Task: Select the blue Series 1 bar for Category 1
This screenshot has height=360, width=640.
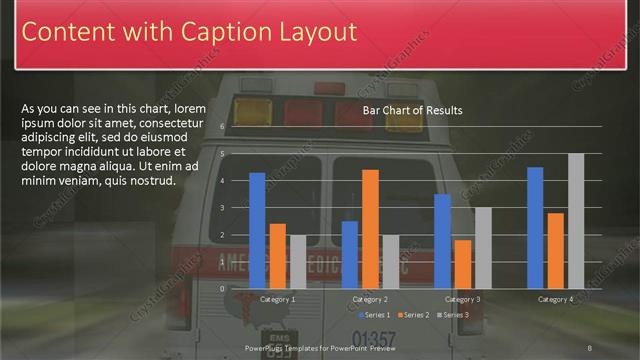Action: tap(257, 230)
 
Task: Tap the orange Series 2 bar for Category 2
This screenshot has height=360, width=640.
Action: tap(370, 228)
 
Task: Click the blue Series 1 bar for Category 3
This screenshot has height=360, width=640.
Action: tap(442, 240)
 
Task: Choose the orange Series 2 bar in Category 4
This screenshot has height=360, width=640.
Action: tap(556, 250)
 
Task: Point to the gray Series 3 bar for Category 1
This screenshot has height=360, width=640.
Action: tap(298, 261)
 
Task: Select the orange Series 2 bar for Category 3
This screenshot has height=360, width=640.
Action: tap(463, 263)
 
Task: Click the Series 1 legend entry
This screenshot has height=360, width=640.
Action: tap(376, 315)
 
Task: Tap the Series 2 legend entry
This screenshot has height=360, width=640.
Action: tap(414, 315)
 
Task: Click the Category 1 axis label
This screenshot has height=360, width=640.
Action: tap(277, 299)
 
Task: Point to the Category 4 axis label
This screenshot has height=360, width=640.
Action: tap(556, 299)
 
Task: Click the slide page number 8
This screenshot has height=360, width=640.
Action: tap(590, 348)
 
